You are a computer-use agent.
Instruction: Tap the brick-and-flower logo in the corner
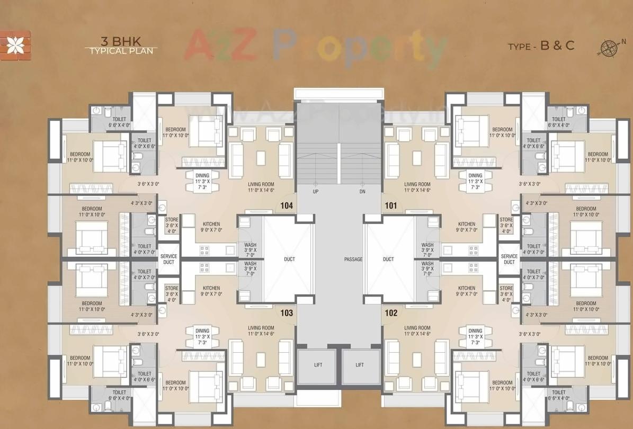coord(15,45)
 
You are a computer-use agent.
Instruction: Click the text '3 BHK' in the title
coord(121,41)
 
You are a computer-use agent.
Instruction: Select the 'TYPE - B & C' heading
coord(541,46)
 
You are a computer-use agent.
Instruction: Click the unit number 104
coord(287,206)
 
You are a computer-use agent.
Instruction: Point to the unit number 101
coord(391,206)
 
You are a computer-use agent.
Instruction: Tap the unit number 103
coord(287,313)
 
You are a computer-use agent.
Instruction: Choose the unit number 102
coord(391,313)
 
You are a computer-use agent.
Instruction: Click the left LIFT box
coord(317,365)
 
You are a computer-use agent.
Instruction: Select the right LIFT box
coord(360,365)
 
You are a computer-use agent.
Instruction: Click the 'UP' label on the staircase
coord(316,191)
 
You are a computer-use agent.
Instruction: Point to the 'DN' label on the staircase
coord(362,191)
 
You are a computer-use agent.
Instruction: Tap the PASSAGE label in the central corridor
coord(353,259)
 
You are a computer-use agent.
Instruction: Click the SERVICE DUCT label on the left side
coord(169,259)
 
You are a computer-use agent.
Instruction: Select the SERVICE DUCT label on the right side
coord(509,259)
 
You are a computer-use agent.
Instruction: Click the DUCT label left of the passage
coord(289,259)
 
